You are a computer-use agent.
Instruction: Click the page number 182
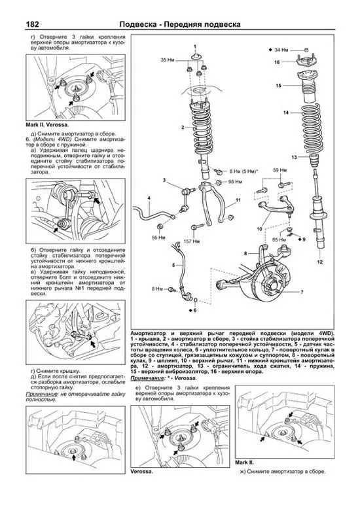point(33,24)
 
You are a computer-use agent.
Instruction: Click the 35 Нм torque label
point(168,60)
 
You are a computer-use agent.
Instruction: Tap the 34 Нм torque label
point(281,50)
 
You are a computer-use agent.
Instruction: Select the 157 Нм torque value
point(191,241)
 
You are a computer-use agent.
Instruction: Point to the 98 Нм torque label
point(235,182)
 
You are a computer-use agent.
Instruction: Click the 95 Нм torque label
point(158,237)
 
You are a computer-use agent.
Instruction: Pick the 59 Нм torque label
point(279,170)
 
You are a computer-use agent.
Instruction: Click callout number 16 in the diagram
point(277,62)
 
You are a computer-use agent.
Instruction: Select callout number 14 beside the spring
point(286,113)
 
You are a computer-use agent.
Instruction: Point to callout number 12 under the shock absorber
point(320,262)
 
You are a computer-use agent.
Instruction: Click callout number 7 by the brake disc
point(302,292)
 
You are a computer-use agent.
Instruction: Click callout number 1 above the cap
point(195,46)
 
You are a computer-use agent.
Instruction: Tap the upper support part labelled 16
point(305,60)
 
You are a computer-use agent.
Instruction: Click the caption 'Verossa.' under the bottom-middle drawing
point(141,471)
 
